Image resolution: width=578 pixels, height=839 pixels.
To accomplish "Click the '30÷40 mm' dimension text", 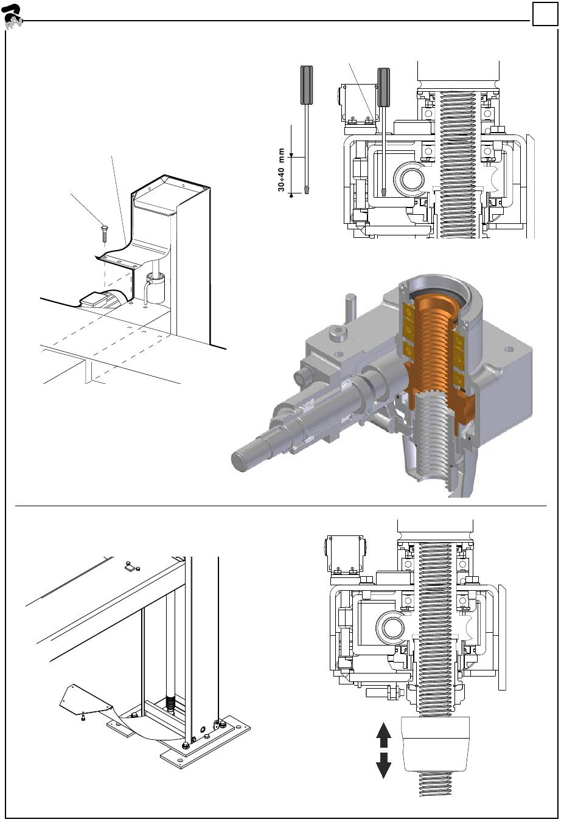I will tap(282, 170).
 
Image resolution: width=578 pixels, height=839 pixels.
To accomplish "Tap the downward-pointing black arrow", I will tap(383, 765).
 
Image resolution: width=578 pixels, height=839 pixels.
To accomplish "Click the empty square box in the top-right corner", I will tap(545, 14).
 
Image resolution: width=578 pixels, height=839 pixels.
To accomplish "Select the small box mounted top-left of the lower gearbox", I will tap(345, 554).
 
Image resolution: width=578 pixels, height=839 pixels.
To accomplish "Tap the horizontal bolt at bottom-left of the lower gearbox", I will tap(383, 693).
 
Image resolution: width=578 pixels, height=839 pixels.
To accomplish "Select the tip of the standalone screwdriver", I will tap(307, 190).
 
